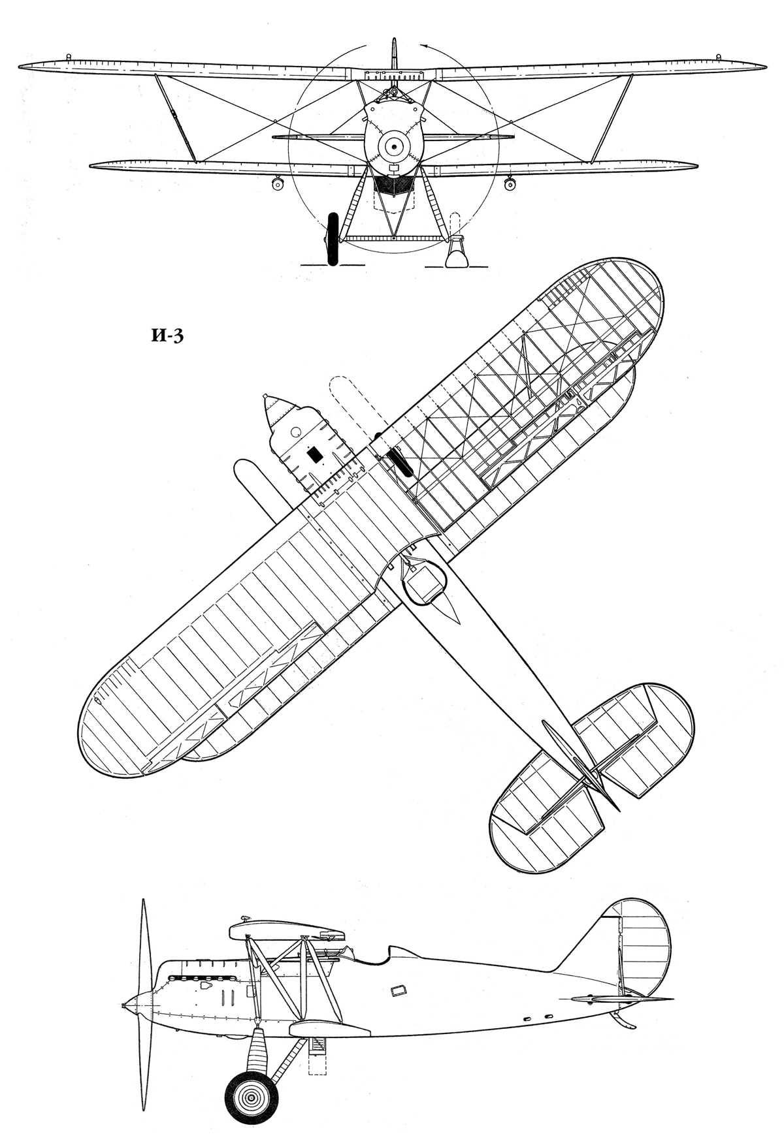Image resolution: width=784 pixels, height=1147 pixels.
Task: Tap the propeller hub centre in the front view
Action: pos(393,148)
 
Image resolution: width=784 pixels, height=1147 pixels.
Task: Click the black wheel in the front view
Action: pos(332,238)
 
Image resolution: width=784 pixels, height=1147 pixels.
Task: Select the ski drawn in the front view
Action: pos(457,253)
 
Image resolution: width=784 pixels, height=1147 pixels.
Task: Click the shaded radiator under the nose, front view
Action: pos(393,185)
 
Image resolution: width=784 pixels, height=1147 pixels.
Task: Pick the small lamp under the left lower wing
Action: pos(278,183)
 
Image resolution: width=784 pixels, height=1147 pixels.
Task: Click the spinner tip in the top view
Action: pos(265,396)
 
